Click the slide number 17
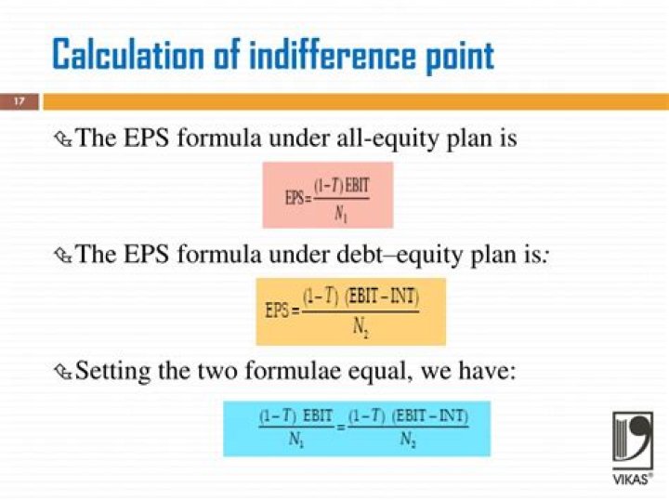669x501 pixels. click(19, 101)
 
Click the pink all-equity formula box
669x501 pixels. click(327, 194)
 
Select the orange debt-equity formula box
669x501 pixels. click(351, 310)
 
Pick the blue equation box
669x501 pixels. click(356, 428)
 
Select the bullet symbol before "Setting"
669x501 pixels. click(63, 372)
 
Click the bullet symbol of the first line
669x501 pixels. click(63, 140)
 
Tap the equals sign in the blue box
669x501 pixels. click(340, 428)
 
